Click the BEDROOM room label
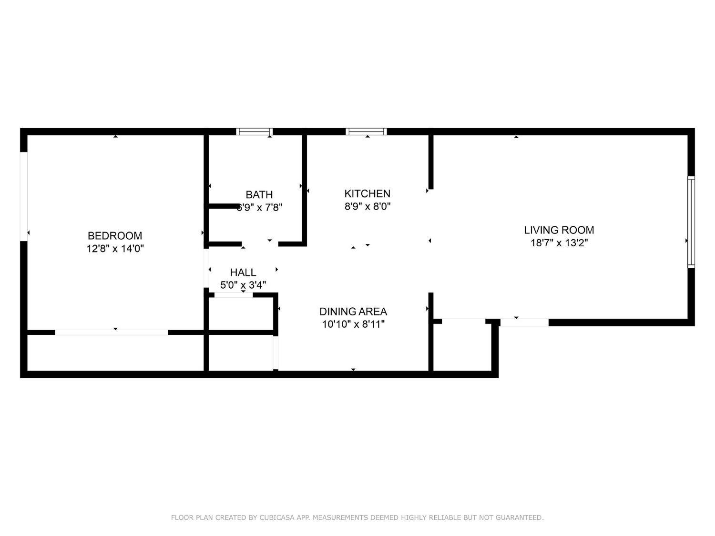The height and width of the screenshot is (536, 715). pyautogui.click(x=115, y=235)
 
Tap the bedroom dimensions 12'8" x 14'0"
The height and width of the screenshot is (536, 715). pyautogui.click(x=115, y=248)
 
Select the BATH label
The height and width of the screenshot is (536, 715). pyautogui.click(x=259, y=194)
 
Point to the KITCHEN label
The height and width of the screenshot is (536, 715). pyautogui.click(x=367, y=193)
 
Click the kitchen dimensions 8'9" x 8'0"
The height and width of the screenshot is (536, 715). pyautogui.click(x=368, y=206)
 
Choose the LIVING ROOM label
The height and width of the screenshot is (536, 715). pyautogui.click(x=559, y=230)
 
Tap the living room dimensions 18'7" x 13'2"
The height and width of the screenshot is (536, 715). pyautogui.click(x=559, y=243)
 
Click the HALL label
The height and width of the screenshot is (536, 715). pyautogui.click(x=243, y=273)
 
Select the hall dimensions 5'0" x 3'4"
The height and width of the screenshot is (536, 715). pyautogui.click(x=243, y=285)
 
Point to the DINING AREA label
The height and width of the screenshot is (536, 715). pyautogui.click(x=353, y=312)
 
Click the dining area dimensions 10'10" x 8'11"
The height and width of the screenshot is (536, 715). pyautogui.click(x=353, y=324)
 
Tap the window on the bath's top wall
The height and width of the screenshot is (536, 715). pyautogui.click(x=255, y=132)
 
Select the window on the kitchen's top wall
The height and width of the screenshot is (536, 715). pyautogui.click(x=366, y=132)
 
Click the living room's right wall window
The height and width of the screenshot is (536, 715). pyautogui.click(x=691, y=222)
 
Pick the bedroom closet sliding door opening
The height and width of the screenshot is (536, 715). pyautogui.click(x=112, y=332)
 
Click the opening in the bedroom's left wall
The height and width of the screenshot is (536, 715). pyautogui.click(x=23, y=196)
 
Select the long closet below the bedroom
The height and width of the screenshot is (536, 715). pyautogui.click(x=115, y=353)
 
